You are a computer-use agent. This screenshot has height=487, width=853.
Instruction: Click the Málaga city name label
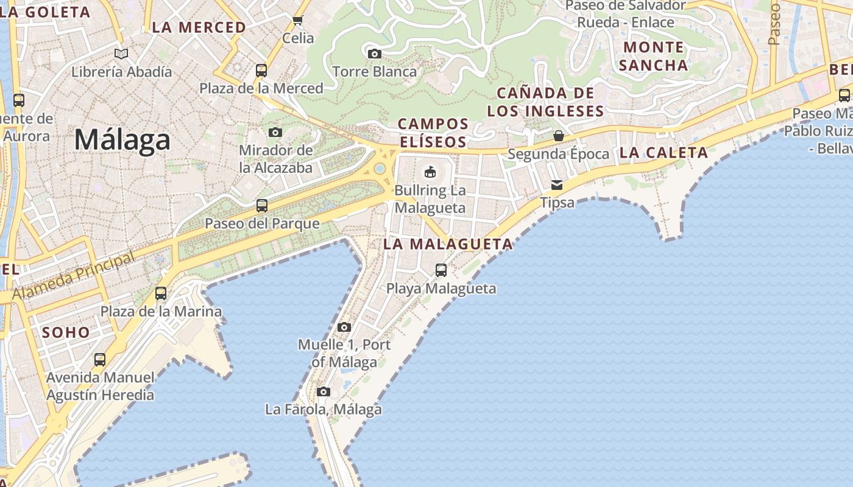tap(122, 140)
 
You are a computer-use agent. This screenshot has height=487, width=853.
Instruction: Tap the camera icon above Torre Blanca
tap(375, 54)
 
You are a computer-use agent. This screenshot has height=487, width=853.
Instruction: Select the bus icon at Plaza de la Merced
tap(261, 71)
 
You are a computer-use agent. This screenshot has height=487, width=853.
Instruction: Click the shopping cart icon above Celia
tap(298, 21)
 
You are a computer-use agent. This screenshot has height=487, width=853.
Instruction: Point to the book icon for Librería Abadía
tap(122, 54)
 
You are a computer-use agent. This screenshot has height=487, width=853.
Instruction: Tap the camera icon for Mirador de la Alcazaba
tap(275, 132)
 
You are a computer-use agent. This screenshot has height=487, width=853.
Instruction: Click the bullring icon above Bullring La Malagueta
tap(430, 172)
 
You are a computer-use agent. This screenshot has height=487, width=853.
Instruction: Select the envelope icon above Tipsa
tap(557, 184)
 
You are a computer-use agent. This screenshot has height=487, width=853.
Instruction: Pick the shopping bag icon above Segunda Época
tap(558, 136)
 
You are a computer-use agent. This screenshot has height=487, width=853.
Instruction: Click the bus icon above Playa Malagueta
tap(441, 270)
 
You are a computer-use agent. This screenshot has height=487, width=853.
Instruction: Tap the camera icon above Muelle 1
tap(344, 327)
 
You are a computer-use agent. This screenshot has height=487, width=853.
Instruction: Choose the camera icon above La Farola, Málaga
tap(324, 391)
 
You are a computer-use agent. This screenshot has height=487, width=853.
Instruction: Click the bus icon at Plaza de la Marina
tap(161, 293)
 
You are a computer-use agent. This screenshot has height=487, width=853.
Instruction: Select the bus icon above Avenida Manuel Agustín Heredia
tap(100, 360)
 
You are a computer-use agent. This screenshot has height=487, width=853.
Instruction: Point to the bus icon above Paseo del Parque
tap(262, 206)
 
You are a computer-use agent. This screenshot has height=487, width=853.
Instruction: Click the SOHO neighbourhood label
tap(66, 332)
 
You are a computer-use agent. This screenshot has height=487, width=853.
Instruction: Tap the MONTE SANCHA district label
tap(654, 56)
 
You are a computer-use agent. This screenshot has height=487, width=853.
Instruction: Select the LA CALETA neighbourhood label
tap(664, 153)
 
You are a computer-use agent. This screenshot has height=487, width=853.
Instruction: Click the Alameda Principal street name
tap(73, 276)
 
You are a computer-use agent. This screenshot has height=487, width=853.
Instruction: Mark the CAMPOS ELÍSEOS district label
tap(433, 133)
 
